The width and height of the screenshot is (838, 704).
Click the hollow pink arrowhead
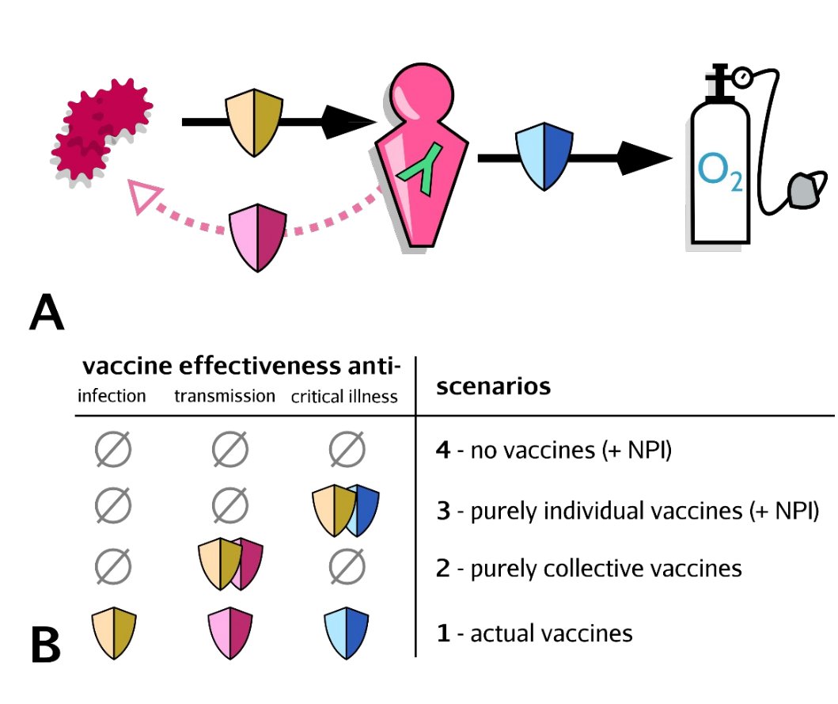click(x=146, y=197)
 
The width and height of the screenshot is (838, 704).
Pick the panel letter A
click(x=46, y=314)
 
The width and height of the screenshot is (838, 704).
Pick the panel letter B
click(x=46, y=645)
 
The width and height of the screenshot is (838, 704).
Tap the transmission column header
click(x=225, y=395)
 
